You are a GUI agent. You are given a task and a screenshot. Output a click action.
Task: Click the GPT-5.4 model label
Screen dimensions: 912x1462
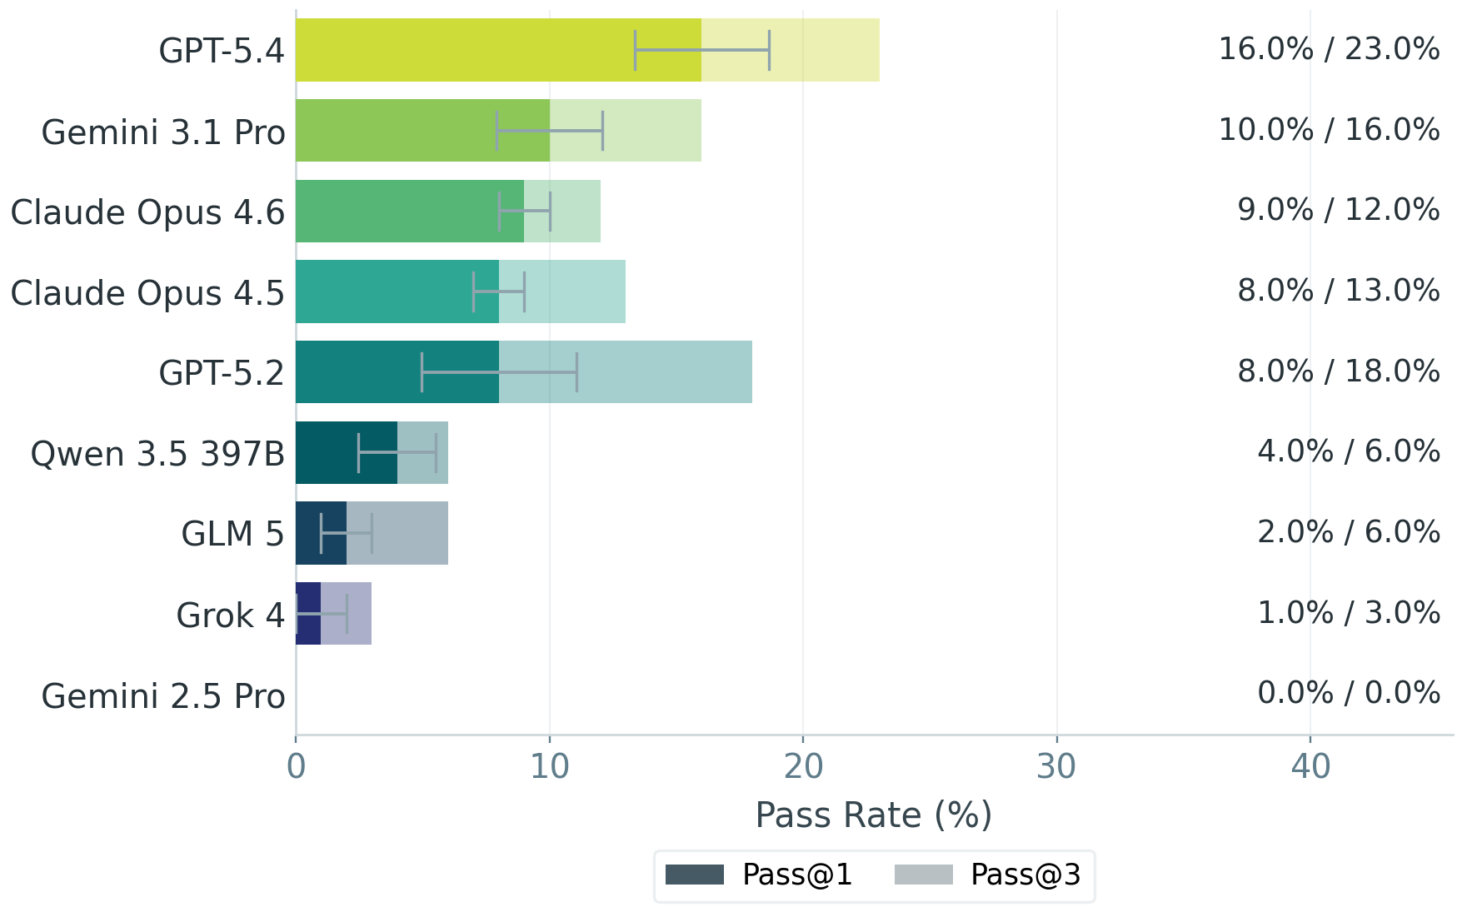(x=222, y=51)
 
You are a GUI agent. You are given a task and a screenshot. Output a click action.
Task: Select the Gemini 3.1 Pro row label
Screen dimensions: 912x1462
(x=163, y=132)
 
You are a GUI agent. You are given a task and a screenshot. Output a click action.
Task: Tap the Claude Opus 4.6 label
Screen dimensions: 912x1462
(x=147, y=212)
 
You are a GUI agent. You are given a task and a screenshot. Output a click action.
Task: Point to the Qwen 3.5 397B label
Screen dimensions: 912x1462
(x=157, y=454)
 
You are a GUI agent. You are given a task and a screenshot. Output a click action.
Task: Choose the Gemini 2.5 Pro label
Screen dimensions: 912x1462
(x=163, y=696)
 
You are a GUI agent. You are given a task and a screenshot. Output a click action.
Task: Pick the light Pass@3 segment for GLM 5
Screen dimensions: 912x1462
(x=408, y=533)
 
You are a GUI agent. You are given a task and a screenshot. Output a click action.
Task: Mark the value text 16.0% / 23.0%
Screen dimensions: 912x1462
(x=1329, y=49)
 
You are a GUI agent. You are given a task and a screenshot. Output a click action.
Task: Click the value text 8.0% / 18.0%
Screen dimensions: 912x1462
(x=1338, y=371)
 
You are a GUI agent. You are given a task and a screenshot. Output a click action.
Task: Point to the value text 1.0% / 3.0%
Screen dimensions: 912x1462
(x=1348, y=613)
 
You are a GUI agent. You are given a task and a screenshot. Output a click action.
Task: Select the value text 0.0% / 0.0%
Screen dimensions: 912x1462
(x=1348, y=693)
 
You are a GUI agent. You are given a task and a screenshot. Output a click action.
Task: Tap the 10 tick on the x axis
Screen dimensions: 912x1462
(x=549, y=766)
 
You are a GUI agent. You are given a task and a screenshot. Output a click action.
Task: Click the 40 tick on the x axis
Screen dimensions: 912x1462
(x=1310, y=766)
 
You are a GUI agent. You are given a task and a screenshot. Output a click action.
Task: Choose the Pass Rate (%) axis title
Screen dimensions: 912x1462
(x=873, y=815)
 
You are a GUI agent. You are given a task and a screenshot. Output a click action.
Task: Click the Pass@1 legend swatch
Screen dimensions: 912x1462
(x=694, y=875)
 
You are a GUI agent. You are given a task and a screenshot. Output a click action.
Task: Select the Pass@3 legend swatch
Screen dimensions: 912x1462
(x=923, y=875)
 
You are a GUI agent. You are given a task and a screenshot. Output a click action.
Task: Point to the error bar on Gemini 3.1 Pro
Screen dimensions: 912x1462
(x=550, y=131)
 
